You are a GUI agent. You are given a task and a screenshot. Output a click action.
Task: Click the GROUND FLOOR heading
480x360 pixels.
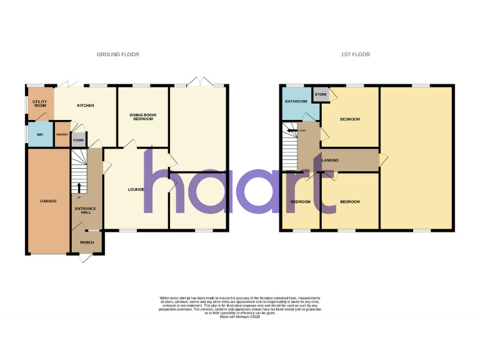click(117, 54)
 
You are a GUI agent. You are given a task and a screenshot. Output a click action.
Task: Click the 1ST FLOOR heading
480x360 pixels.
click(356, 54)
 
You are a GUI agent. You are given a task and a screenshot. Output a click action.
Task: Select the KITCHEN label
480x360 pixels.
click(86, 106)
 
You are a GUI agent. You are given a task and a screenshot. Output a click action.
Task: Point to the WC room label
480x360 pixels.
click(39, 134)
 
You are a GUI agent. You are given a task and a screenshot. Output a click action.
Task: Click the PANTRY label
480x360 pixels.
click(62, 134)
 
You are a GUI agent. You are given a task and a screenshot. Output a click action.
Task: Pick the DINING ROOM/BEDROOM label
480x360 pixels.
click(142, 117)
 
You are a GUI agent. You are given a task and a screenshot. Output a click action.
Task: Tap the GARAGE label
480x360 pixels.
click(49, 201)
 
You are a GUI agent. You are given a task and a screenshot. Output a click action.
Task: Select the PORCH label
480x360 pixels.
click(86, 242)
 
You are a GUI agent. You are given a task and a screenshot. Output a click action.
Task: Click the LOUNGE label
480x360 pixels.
click(136, 189)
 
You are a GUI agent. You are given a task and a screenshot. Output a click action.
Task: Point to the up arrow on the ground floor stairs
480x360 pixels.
click(79, 186)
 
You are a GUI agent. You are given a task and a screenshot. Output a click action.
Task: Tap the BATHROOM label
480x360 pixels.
click(296, 101)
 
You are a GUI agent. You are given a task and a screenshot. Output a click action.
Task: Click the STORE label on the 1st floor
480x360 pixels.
click(321, 95)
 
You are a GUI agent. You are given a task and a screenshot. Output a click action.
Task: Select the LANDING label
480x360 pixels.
click(330, 161)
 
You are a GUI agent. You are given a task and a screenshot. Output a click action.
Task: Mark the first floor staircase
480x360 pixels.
click(289, 150)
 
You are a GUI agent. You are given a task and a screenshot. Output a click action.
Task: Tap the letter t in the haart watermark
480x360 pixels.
click(317, 184)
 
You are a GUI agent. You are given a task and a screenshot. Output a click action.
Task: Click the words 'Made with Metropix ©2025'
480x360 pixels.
click(240, 317)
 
